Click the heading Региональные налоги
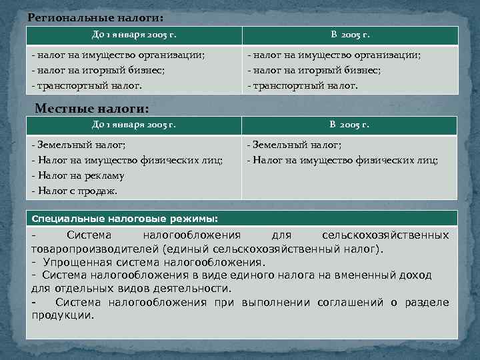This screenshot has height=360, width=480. pos(95,17)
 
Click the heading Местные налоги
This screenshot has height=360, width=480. pos(91,108)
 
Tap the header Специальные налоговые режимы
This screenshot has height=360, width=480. pos(125,218)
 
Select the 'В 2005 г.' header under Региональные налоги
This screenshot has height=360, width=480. pos(350,34)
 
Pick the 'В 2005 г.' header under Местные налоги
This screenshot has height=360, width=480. pos(350,125)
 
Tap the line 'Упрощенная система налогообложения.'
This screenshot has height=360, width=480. pos(153,262)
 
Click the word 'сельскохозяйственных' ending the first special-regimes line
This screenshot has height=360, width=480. pos(385,235)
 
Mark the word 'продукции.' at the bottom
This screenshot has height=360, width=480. pos(63,315)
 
